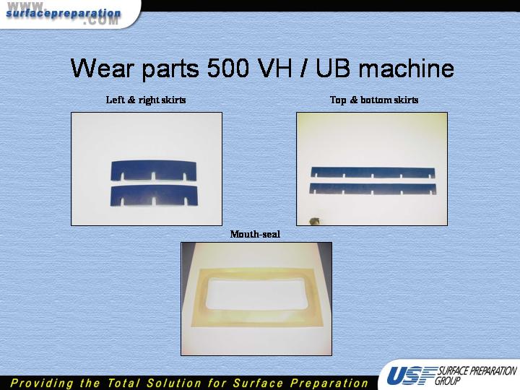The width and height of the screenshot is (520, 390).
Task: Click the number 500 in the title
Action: coord(227,68)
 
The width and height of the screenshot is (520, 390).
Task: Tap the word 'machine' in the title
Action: coord(406,68)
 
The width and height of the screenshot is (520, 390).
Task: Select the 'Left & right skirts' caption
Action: coord(146,100)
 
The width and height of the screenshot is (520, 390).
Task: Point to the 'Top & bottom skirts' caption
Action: coord(374,100)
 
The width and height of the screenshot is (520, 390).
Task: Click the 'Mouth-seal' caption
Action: coord(255,234)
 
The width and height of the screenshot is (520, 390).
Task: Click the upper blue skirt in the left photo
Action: coord(154,170)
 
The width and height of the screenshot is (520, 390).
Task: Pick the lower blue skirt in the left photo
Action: coord(154,196)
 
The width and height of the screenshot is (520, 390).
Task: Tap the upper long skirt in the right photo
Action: coord(373,172)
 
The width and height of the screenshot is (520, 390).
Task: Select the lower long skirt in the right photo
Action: coord(373,188)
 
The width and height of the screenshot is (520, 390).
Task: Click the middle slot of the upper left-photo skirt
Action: coord(153,176)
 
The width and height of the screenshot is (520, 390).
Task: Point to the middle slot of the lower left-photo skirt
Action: coord(154,201)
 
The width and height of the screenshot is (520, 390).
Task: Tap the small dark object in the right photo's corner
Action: coord(314,221)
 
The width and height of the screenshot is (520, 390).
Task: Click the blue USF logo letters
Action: coord(411,376)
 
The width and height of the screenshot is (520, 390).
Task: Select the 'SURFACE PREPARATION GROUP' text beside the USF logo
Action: coord(476,375)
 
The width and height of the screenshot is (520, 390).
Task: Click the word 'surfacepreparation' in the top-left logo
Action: coord(64,13)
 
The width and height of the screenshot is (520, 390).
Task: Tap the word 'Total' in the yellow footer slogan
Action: coord(123,383)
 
